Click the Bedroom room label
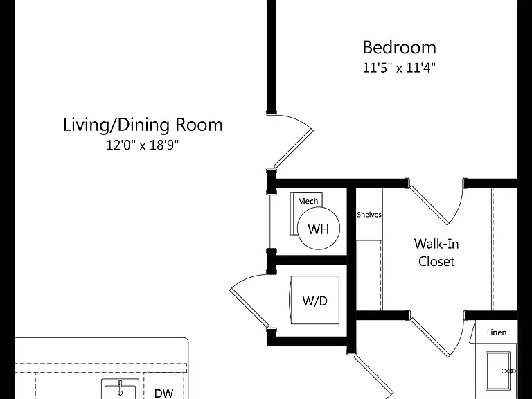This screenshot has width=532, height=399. [x=399, y=48]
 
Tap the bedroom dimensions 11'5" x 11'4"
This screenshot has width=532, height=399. [x=399, y=68]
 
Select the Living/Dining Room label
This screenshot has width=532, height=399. [x=143, y=125]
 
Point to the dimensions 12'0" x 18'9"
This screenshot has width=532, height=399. [x=143, y=145]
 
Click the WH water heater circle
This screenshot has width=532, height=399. [x=319, y=229]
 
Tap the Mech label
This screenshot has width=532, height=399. [x=308, y=201]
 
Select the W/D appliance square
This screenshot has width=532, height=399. [x=315, y=300]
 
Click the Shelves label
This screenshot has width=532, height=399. [x=369, y=215]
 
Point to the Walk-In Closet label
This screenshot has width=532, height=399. [x=436, y=253]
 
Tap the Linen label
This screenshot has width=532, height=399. [x=497, y=332]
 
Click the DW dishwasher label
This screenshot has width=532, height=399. [x=164, y=393]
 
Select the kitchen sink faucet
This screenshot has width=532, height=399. [x=120, y=388]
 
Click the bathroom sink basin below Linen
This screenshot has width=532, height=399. [x=498, y=371]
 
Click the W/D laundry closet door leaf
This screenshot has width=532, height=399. [x=249, y=308]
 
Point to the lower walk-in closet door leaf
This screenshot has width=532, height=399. [x=430, y=337]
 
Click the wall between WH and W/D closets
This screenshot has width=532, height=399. [x=311, y=260]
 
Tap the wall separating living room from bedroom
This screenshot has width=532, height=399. [x=272, y=56]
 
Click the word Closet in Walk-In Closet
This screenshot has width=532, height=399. [x=436, y=261]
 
